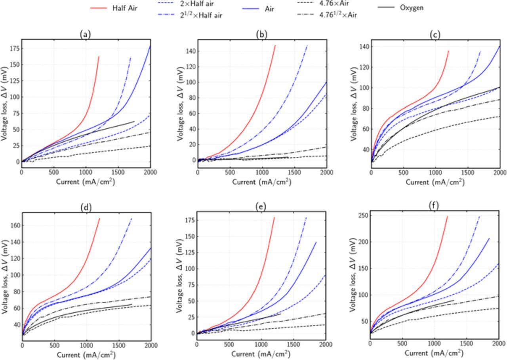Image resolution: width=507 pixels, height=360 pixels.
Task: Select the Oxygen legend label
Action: click(412, 8)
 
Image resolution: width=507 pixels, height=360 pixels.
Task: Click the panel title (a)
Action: click(84, 35)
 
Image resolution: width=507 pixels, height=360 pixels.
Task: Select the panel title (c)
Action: click(435, 35)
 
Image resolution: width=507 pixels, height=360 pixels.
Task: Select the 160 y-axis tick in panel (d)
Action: click(15, 225)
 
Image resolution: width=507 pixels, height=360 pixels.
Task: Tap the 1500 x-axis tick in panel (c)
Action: click(467, 173)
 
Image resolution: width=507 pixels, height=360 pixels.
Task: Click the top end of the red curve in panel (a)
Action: click(99, 57)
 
